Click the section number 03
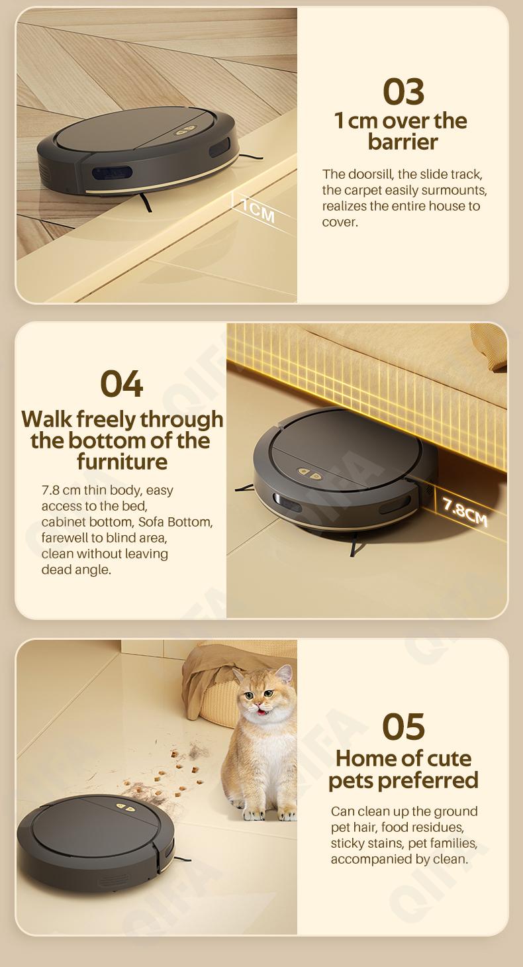click(403, 91)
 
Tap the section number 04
click(122, 383)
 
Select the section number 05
click(403, 727)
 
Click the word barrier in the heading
click(403, 142)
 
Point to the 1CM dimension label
click(258, 210)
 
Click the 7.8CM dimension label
click(465, 511)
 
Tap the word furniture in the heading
click(122, 461)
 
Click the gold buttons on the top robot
click(185, 130)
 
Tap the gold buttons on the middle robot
click(310, 474)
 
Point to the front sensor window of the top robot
click(112, 173)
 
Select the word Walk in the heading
click(47, 419)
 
